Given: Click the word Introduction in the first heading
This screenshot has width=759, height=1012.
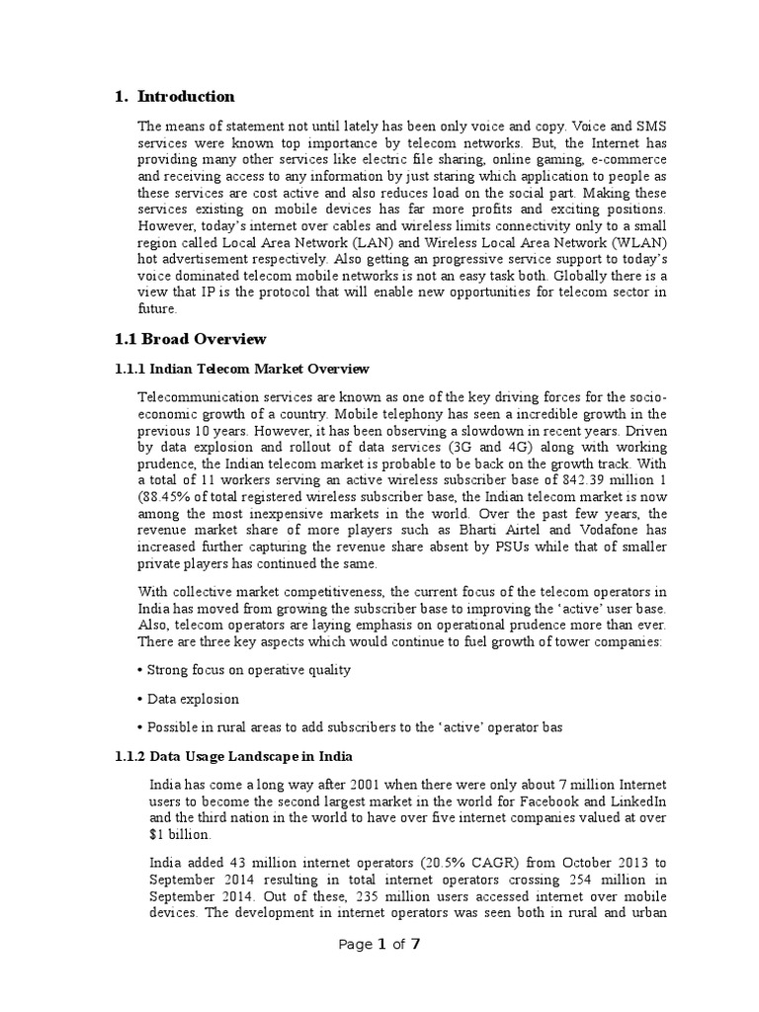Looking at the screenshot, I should tap(186, 97).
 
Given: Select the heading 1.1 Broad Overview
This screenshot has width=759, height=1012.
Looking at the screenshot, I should tap(191, 339).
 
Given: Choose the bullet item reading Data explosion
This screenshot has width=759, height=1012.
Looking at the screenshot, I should tap(193, 699).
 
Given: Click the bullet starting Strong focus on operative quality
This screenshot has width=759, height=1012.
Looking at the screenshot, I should tap(248, 669).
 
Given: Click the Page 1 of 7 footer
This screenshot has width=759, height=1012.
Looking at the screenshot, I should tap(379, 944).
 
